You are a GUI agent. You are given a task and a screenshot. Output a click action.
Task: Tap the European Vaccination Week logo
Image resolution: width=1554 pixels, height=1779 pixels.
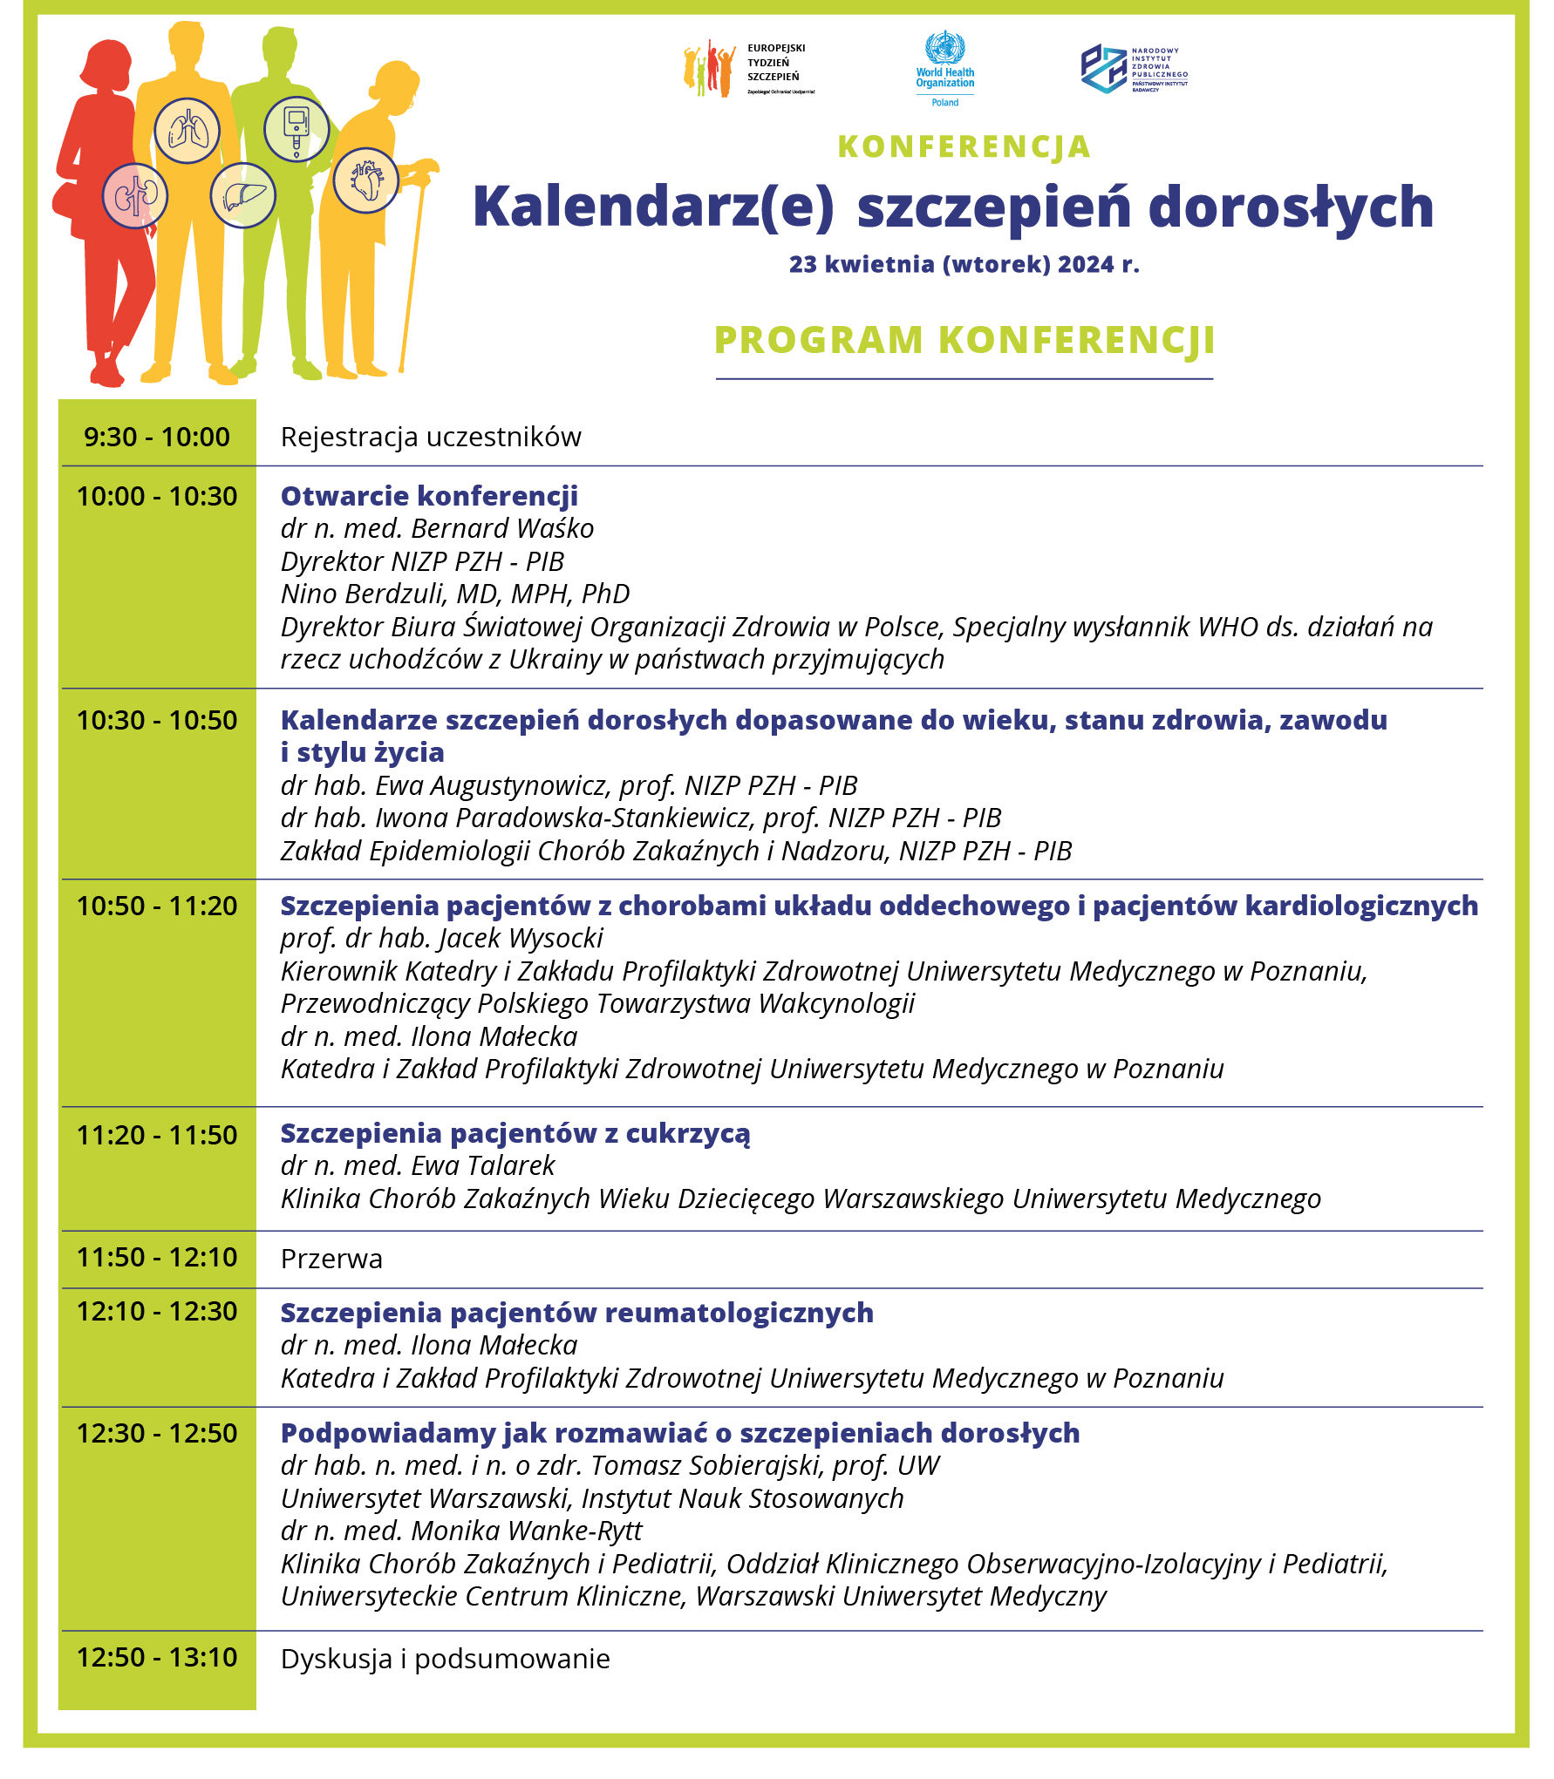(748, 69)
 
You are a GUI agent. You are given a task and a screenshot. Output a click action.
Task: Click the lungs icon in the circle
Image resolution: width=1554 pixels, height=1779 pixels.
(187, 131)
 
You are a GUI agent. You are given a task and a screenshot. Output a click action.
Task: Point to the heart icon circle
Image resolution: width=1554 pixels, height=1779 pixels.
(366, 180)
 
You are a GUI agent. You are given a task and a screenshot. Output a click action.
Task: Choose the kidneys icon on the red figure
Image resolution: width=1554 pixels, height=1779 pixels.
(135, 196)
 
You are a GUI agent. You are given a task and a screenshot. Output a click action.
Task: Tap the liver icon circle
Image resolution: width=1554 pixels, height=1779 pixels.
(243, 195)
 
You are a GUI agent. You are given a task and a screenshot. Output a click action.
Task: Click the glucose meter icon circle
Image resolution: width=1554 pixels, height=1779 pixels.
(296, 129)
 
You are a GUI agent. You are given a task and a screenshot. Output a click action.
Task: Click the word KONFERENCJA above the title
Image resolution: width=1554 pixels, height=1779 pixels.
(964, 147)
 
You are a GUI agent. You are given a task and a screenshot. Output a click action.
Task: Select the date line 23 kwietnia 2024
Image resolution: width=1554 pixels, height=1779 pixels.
(964, 264)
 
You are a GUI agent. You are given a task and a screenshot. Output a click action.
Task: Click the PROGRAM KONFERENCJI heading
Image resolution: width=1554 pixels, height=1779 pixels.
(964, 340)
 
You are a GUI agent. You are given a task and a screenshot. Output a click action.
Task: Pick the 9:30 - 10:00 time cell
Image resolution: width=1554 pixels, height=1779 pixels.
(157, 436)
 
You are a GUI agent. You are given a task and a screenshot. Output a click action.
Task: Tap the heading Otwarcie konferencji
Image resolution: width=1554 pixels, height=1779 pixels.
(429, 496)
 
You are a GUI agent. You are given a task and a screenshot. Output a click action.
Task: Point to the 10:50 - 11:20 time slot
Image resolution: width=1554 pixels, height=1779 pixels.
(157, 906)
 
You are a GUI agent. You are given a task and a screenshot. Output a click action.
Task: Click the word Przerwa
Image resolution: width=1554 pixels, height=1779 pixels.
(331, 1259)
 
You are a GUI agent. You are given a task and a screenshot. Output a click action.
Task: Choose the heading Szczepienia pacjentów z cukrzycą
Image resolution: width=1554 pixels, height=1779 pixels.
(515, 1133)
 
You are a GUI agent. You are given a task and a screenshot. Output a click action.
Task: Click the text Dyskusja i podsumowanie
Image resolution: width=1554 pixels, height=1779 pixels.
(445, 1659)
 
